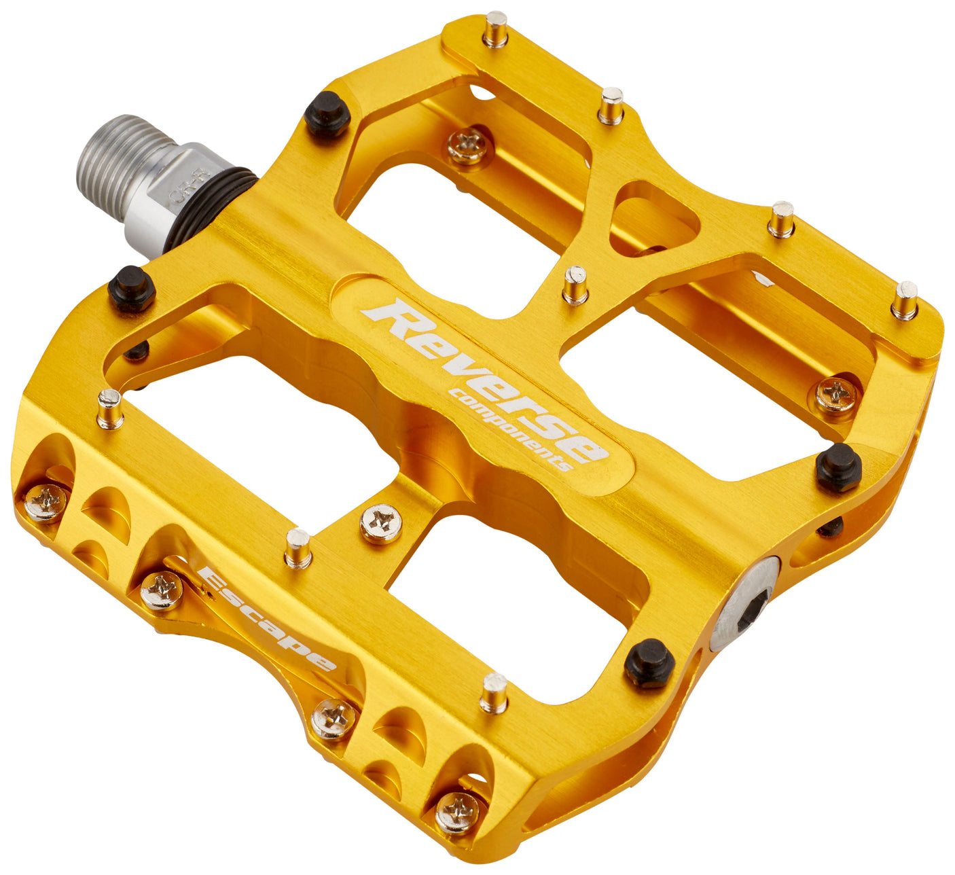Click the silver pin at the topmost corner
tap(495, 29)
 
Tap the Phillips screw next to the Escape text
tap(162, 590)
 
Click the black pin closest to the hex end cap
tap(649, 662)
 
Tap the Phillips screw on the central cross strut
tap(380, 523)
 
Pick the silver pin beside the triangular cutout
tap(575, 285)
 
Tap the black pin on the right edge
tap(839, 467)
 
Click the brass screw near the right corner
tap(835, 395)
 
